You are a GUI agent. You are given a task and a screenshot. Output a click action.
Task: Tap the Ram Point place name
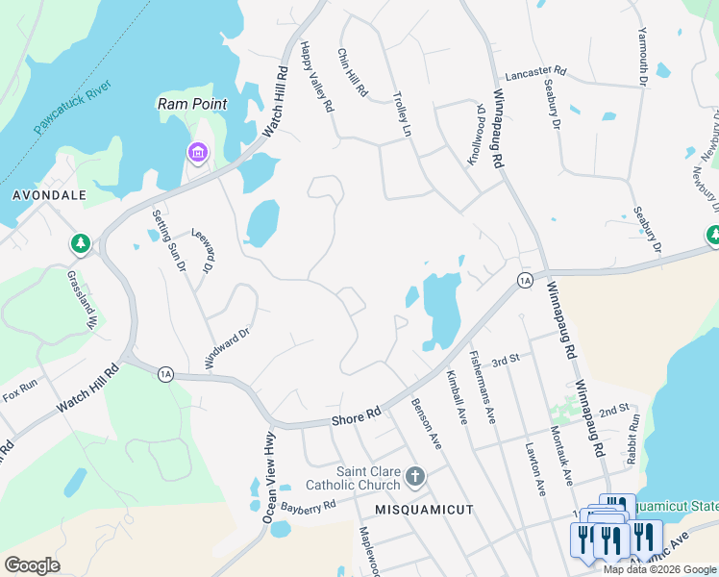tap(193, 104)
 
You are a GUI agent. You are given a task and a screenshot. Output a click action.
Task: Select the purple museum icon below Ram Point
tap(197, 152)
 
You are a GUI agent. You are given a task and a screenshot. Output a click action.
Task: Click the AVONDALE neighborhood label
tap(49, 195)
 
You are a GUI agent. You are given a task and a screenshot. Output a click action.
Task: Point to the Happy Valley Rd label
tap(316, 76)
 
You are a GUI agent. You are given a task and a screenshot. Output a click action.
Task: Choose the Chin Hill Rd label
tap(353, 72)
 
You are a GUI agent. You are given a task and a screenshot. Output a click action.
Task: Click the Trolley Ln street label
tap(402, 114)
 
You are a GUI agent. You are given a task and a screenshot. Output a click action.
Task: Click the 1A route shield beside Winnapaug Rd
tap(523, 280)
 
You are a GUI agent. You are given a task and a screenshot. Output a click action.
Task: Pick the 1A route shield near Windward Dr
tap(165, 373)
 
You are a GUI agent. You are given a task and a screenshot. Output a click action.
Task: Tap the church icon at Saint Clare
tap(415, 476)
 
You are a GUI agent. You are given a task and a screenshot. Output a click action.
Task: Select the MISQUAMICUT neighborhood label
tap(424, 510)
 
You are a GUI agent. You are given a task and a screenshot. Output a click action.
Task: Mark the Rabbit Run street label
tap(633, 435)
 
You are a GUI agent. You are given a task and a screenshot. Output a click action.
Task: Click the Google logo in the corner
tap(32, 565)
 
